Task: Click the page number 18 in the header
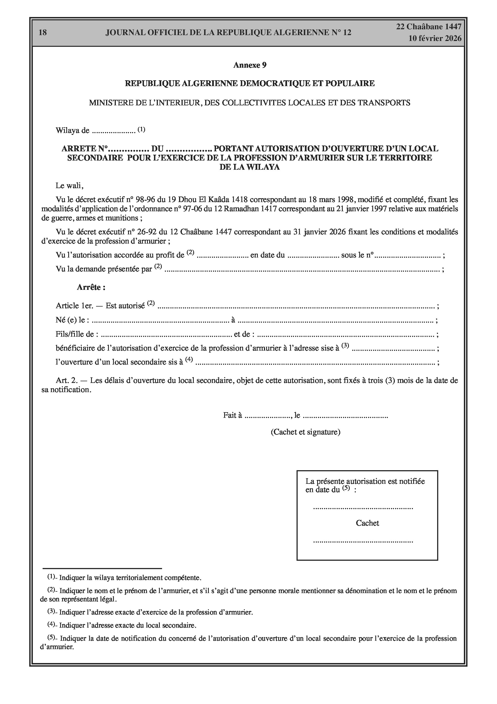point(43,33)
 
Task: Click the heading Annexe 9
point(250,65)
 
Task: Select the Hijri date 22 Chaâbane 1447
point(429,27)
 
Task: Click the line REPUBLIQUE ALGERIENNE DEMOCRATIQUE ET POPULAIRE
point(250,83)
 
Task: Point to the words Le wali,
point(69,186)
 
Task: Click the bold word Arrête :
point(91,287)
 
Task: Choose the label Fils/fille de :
point(77,334)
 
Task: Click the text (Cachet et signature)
point(305,432)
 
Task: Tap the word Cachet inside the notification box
point(367,523)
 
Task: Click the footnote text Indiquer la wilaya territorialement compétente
point(130,578)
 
